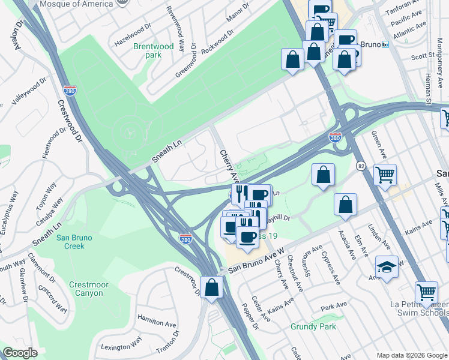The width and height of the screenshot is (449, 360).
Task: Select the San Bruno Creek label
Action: point(74,242)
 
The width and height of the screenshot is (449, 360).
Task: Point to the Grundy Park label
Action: point(313,326)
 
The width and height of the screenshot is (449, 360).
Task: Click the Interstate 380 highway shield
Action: point(335,137)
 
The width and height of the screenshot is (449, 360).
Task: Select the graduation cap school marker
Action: point(387,267)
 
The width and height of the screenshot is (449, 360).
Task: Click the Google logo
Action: point(20,352)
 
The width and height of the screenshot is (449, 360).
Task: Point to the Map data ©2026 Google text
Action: point(411,355)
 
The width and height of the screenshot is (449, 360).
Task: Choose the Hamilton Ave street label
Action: point(155,322)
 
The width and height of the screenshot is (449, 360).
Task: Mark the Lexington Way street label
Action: point(121,343)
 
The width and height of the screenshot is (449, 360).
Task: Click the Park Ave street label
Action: point(334,307)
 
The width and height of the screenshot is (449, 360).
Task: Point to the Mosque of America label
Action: point(76,4)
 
